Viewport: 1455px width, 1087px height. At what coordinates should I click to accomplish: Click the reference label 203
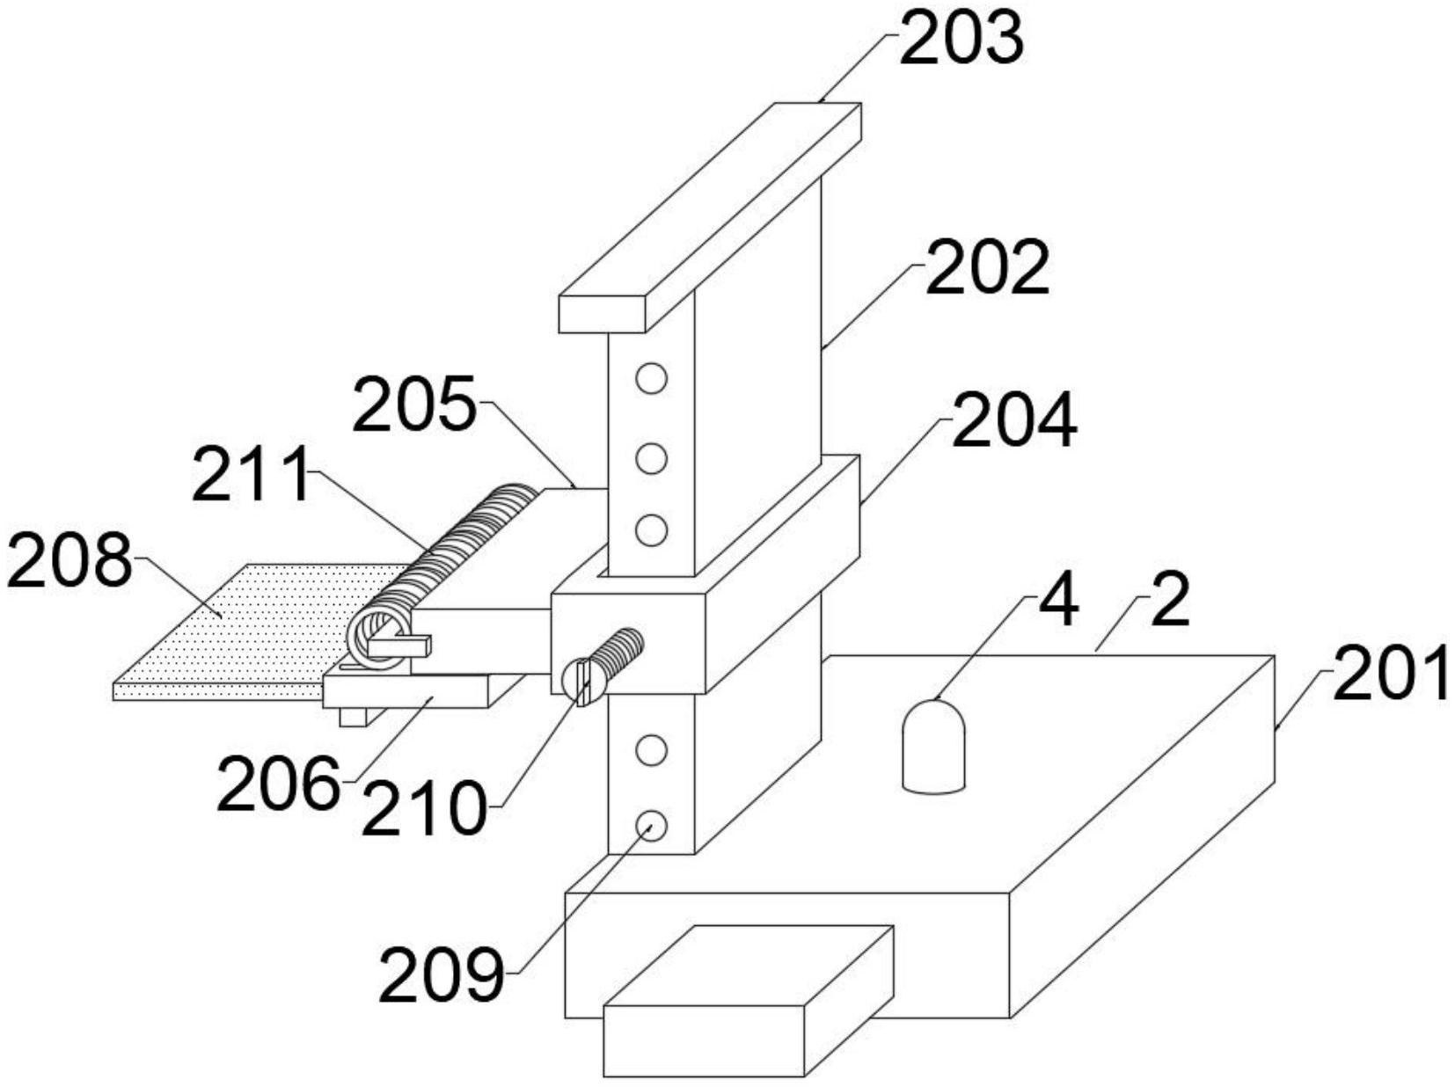pos(961,40)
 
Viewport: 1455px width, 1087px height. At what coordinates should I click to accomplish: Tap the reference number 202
pos(987,268)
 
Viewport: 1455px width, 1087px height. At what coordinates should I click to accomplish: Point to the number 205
pos(413,405)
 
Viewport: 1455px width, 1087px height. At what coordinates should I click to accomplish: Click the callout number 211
pos(252,475)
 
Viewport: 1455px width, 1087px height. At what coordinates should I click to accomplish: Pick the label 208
pos(69,560)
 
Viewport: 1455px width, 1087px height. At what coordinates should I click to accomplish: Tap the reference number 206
pos(278,784)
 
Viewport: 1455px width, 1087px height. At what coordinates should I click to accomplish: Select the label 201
pos(1391,674)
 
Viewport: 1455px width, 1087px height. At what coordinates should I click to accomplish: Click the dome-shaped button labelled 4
pos(933,747)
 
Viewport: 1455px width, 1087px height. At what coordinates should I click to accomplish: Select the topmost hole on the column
pos(651,379)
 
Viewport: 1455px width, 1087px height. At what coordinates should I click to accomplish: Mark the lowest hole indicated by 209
pos(651,824)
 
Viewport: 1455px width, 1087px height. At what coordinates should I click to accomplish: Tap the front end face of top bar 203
pos(602,315)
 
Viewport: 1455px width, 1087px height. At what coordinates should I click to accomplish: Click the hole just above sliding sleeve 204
pos(651,530)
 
